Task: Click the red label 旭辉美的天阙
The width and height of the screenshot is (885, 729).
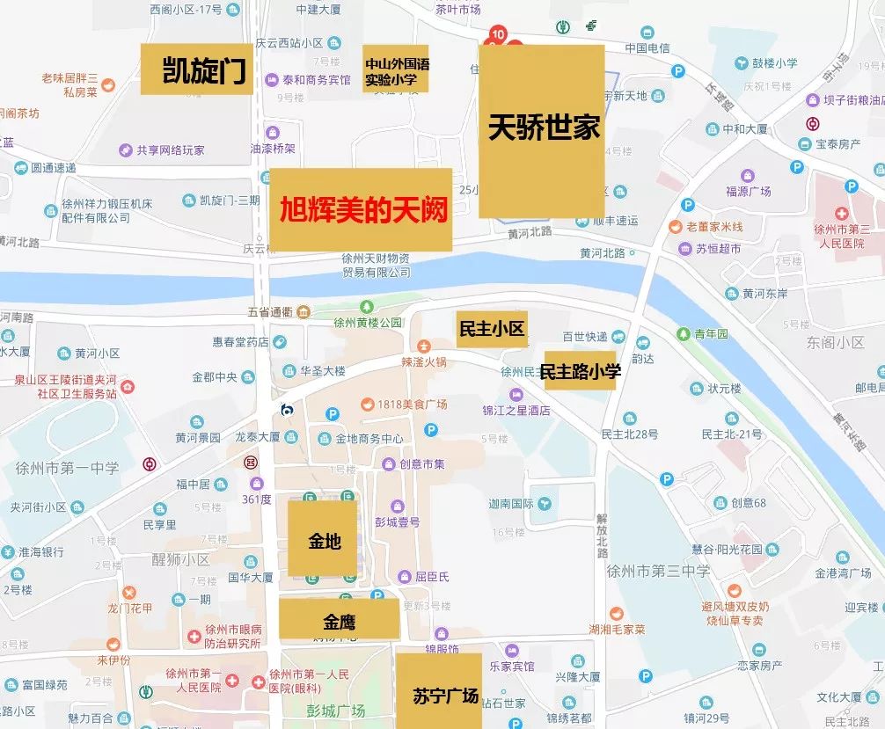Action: point(361,209)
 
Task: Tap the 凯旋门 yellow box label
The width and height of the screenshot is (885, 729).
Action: point(196,69)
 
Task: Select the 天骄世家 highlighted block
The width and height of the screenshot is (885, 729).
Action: point(542,130)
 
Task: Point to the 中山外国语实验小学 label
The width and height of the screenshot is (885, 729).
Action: point(396,69)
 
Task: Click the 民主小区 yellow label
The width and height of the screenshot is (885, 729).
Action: point(491,329)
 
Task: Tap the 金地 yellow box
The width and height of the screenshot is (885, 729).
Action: point(323,539)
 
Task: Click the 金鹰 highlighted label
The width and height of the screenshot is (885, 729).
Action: point(339,621)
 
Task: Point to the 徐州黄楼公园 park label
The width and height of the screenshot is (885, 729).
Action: point(368,322)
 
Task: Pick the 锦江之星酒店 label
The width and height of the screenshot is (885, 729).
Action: point(516,410)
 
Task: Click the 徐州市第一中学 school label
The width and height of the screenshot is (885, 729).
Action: point(67,468)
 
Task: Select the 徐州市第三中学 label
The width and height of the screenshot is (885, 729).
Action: point(658,571)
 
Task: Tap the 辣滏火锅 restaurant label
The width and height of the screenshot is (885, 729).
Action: point(423,361)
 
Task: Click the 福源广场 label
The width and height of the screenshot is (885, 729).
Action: point(748,191)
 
